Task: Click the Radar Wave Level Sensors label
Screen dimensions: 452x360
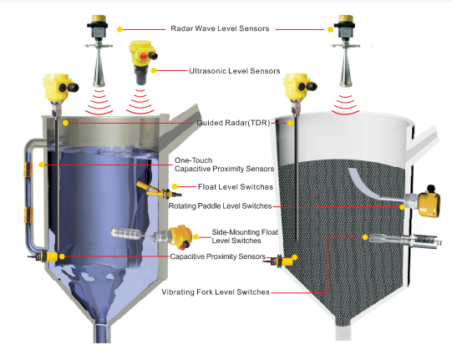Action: pos(220,28)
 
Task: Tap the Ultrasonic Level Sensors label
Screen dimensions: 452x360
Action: pos(235,71)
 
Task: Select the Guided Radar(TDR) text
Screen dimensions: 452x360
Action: pos(233,123)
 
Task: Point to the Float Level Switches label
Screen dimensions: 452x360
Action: pos(236,187)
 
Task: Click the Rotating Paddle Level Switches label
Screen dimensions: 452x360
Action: pos(220,205)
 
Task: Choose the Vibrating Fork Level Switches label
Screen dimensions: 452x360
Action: pos(216,292)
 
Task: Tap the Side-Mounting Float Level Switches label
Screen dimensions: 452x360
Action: pos(245,236)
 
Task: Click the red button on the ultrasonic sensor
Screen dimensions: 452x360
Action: pos(144,57)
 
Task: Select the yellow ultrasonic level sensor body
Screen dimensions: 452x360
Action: pos(143,62)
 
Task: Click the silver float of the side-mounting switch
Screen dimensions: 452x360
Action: pos(125,233)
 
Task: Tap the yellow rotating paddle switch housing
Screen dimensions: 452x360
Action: pos(429,204)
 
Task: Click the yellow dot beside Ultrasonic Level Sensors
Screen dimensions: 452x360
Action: pos(154,71)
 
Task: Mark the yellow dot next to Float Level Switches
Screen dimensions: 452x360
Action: pos(175,186)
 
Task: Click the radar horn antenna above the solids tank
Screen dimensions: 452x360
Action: pos(345,69)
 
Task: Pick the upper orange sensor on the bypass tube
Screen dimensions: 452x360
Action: pos(28,170)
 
